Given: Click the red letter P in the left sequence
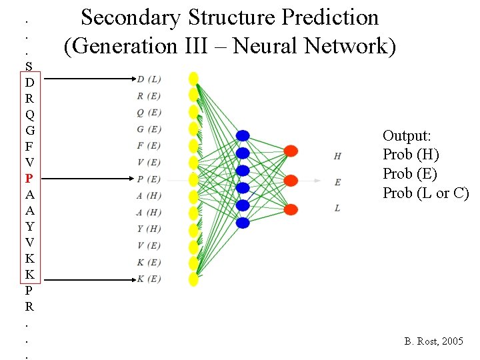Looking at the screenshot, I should pyautogui.click(x=29, y=179).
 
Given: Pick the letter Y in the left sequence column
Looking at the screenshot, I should pyautogui.click(x=29, y=227).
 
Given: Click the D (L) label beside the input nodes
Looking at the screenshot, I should pyautogui.click(x=148, y=79).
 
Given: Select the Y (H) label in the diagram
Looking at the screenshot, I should pyautogui.click(x=148, y=229).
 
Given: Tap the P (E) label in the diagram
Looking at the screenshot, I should pyautogui.click(x=148, y=179).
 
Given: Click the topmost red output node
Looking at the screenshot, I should pyautogui.click(x=291, y=151).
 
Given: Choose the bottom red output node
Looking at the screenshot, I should pyautogui.click(x=291, y=209).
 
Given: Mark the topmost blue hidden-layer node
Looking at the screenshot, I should pyautogui.click(x=243, y=135).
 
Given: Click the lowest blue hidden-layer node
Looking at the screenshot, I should pyautogui.click(x=243, y=223).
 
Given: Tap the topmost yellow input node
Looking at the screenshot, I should pyautogui.click(x=193, y=77).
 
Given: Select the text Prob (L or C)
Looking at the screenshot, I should pyautogui.click(x=425, y=193).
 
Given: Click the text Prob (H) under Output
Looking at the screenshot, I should pyautogui.click(x=411, y=155).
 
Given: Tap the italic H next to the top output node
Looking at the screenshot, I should pyautogui.click(x=337, y=157).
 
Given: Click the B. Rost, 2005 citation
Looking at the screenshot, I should pyautogui.click(x=433, y=341).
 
